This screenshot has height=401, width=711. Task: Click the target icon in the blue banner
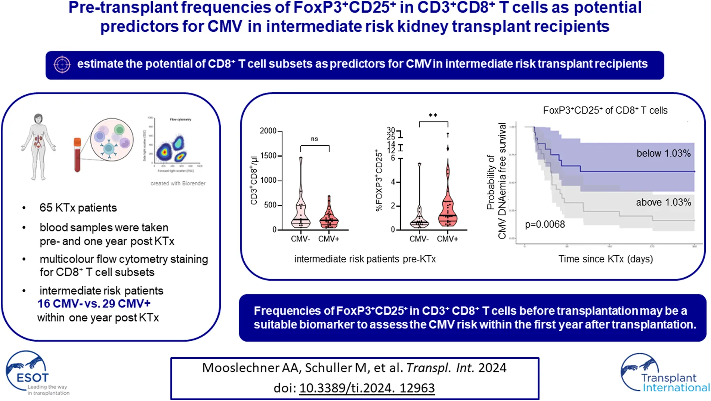click(x=62, y=65)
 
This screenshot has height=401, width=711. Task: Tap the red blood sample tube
click(x=77, y=155)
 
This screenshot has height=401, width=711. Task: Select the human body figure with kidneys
click(x=39, y=147)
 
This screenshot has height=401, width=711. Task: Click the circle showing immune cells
click(x=112, y=140)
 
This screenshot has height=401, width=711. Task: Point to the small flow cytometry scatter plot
click(x=174, y=145)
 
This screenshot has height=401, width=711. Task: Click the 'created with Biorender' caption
click(x=178, y=183)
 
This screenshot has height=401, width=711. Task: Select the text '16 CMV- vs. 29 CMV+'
click(x=94, y=304)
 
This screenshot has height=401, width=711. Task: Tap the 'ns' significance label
click(x=315, y=139)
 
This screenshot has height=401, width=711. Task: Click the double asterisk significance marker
click(x=433, y=116)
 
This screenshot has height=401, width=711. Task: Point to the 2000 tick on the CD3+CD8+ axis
click(x=268, y=131)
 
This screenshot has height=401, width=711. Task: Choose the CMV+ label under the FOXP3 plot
click(x=447, y=239)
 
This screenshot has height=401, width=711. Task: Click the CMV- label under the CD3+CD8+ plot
click(x=300, y=239)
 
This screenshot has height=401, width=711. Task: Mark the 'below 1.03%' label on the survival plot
click(x=663, y=153)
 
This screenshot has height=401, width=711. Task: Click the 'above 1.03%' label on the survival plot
click(x=663, y=202)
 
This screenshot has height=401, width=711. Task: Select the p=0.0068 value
click(x=545, y=224)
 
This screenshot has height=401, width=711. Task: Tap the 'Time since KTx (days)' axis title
click(x=605, y=259)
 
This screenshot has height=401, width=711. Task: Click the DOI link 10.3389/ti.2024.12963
click(x=367, y=388)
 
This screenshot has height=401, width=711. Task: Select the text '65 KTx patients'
click(x=78, y=208)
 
